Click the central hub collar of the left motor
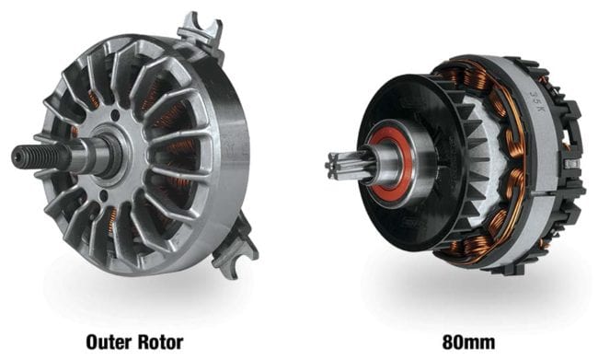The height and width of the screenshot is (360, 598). [x=109, y=153]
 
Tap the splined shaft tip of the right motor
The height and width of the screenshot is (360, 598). [x=339, y=166]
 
